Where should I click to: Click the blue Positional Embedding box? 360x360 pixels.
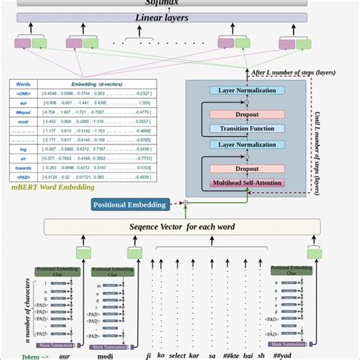click(x=129, y=204)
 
